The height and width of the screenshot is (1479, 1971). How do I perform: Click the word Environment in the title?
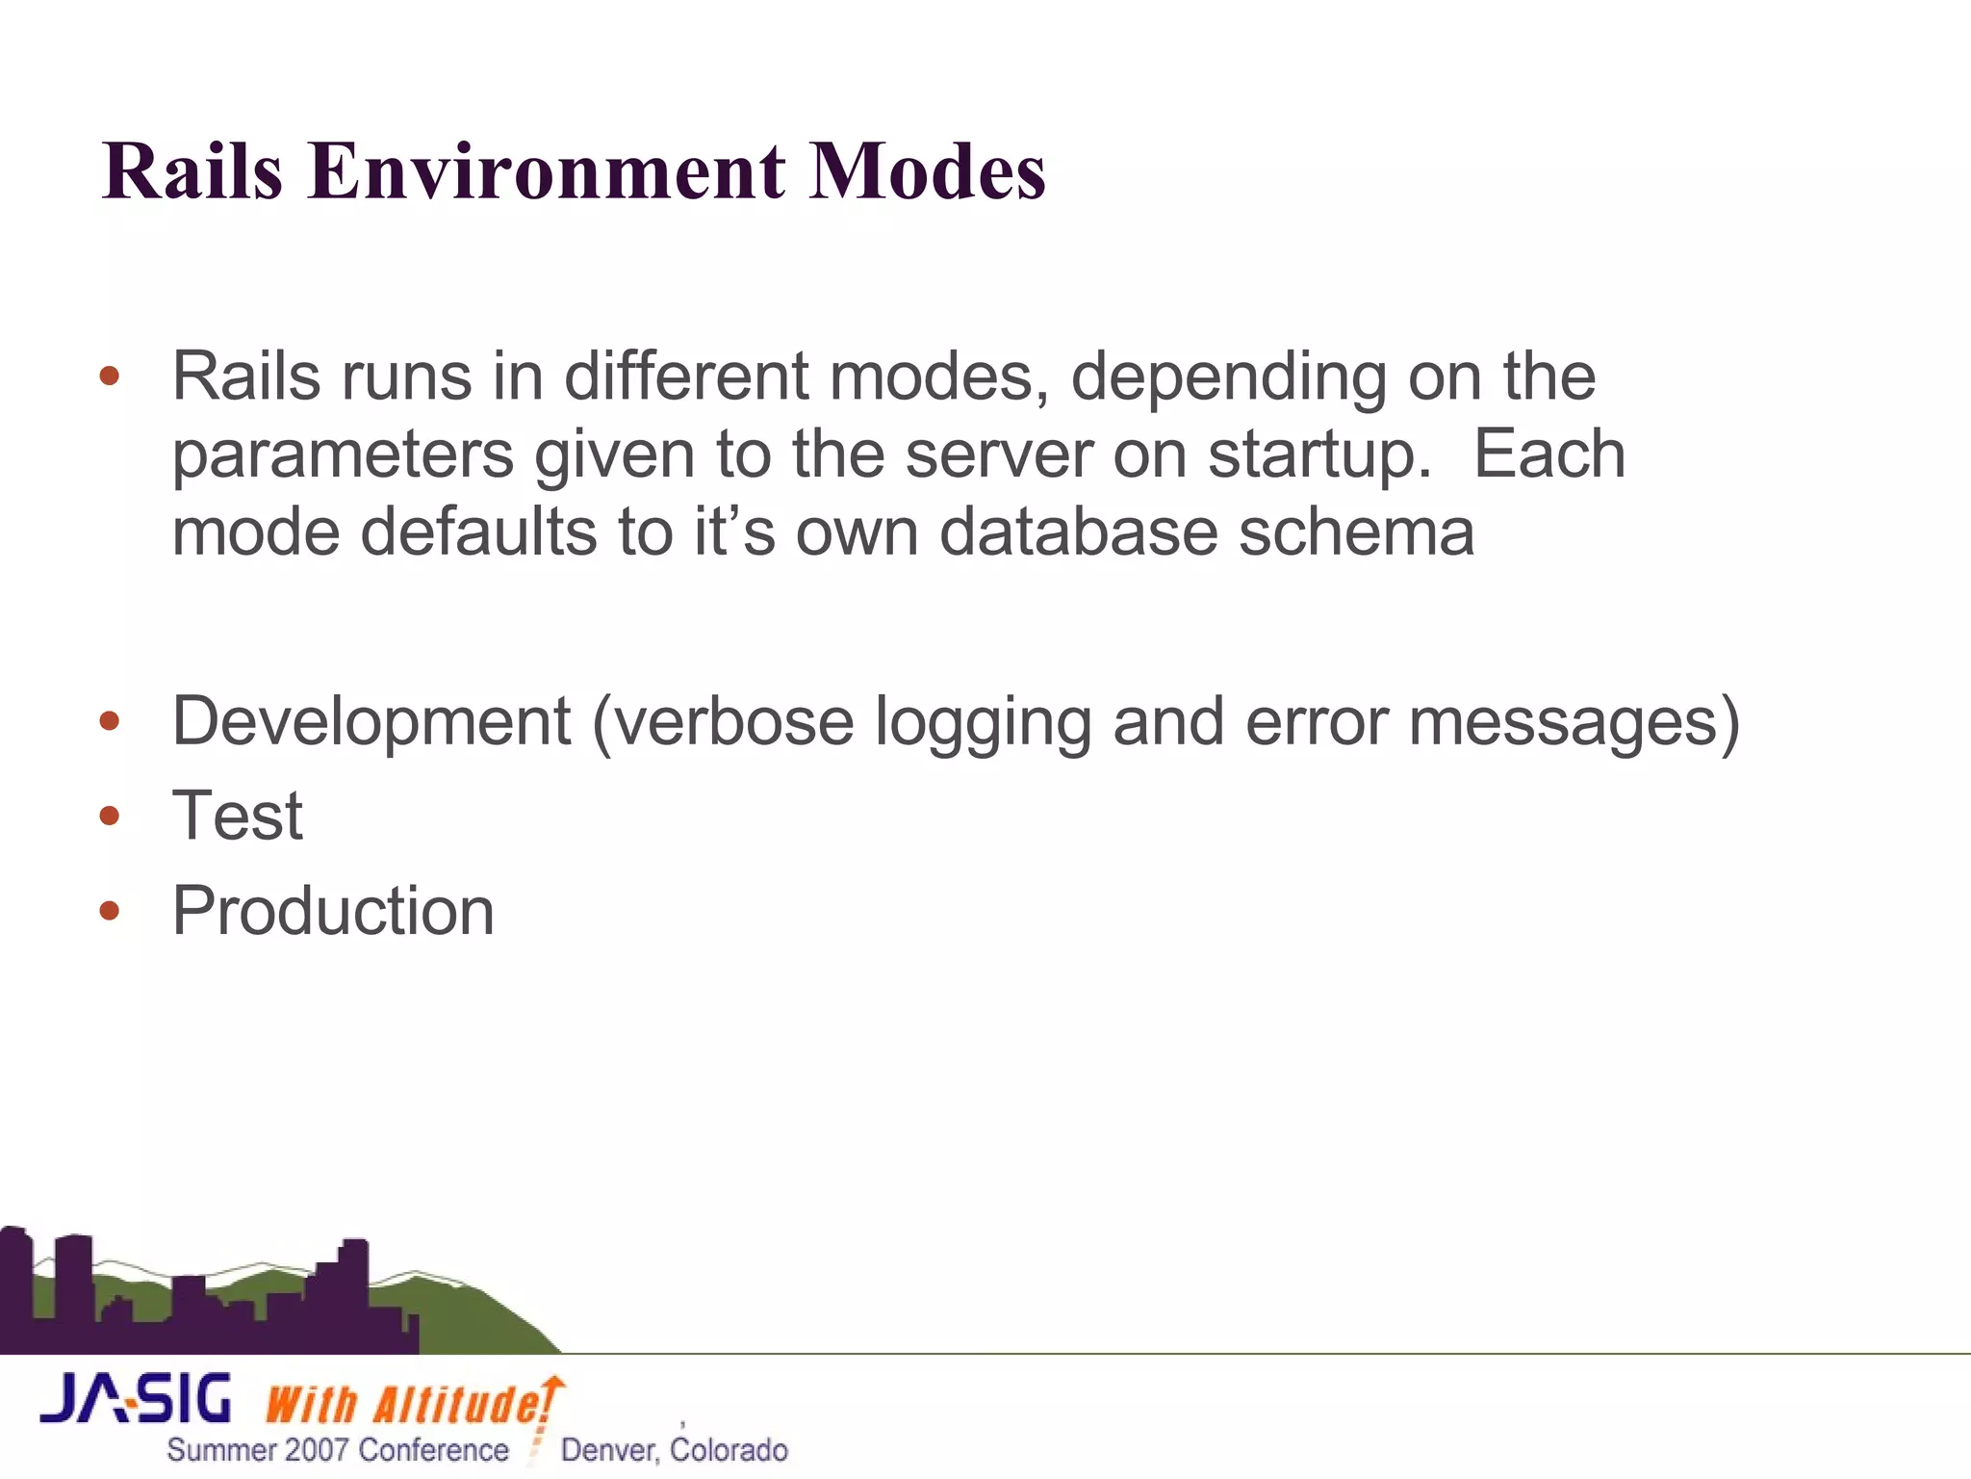tap(546, 171)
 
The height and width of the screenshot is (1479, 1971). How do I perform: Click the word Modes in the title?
tap(926, 171)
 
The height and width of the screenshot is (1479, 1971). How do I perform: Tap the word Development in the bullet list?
tap(371, 722)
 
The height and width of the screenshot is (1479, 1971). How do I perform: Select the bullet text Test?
tap(237, 817)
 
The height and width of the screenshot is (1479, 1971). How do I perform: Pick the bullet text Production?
tap(332, 911)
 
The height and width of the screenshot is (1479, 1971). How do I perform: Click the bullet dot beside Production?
tap(110, 911)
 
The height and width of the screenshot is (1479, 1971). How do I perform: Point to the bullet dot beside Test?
tap(110, 817)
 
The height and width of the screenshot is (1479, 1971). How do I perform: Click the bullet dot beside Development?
tap(110, 721)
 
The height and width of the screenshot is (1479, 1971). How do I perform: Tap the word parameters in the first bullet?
tap(343, 455)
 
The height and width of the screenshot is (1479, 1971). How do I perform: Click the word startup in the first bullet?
tap(1314, 455)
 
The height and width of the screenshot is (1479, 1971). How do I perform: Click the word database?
tap(1078, 532)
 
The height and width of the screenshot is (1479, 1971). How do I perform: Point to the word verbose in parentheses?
tap(734, 722)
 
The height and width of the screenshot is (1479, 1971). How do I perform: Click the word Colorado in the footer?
tap(729, 1450)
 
